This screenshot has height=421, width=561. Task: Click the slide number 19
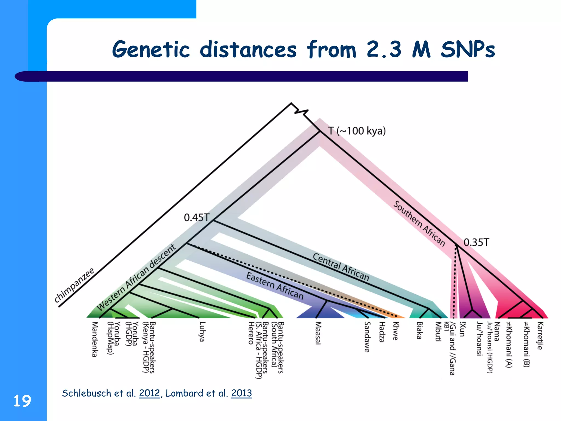[x=22, y=401]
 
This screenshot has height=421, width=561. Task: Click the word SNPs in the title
[x=468, y=50]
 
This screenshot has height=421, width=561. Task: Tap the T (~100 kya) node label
[x=357, y=131]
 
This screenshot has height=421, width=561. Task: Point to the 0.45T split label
[x=196, y=218]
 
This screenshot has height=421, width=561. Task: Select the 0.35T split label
[x=476, y=242]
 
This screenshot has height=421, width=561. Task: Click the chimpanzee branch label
[x=74, y=285]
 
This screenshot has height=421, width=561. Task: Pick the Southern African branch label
[x=419, y=223]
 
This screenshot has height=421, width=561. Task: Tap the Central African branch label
[x=341, y=267]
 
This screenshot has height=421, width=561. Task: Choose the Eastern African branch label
[x=275, y=286]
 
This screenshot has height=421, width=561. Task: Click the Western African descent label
[x=136, y=277]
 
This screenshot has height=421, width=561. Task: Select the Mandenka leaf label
[x=95, y=339]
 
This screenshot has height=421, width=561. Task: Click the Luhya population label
[x=202, y=332]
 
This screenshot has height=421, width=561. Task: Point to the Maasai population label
[x=318, y=333]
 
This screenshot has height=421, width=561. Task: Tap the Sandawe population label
[x=367, y=337]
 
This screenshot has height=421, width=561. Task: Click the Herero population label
[x=251, y=333]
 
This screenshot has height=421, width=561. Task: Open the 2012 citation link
[x=149, y=393]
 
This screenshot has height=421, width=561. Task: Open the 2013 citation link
[x=241, y=393]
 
